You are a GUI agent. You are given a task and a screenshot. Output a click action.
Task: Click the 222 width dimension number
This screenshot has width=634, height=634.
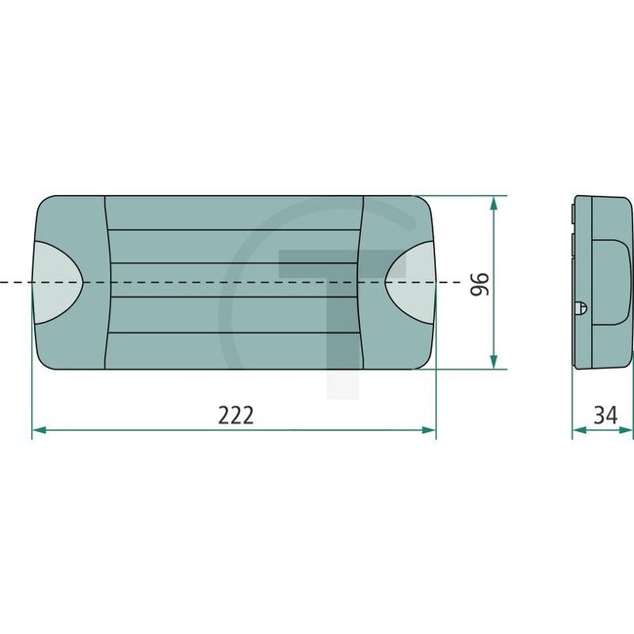pos(235,415)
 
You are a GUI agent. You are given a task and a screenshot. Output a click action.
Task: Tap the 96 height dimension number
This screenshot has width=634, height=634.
pos(478,284)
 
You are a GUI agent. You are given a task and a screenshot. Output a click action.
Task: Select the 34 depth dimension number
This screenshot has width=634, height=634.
pos(605,415)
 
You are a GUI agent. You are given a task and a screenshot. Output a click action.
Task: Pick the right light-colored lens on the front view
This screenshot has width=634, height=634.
pos(411,283)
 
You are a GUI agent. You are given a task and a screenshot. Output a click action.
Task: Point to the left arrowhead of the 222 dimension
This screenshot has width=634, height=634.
pos(37,429)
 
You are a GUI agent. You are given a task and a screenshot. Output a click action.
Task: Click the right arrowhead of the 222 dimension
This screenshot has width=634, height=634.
pos(430,429)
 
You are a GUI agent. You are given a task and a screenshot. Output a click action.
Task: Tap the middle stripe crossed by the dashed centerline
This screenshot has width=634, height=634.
pos(234,282)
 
